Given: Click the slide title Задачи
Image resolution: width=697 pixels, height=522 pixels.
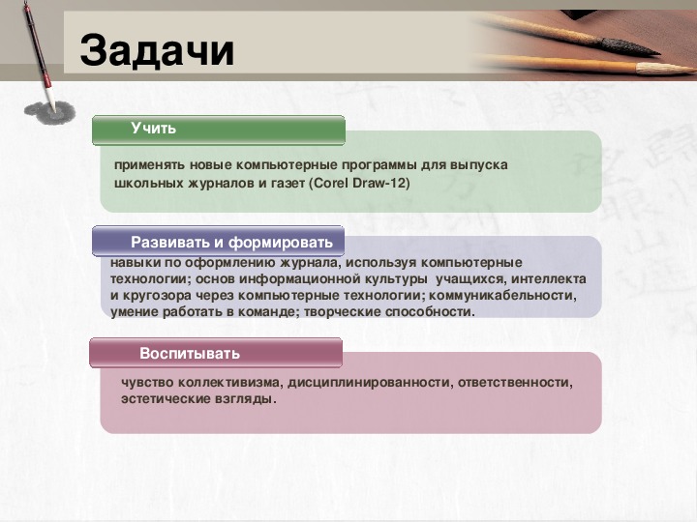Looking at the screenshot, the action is pyautogui.click(x=157, y=51).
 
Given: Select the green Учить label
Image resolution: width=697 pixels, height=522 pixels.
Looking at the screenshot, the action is pyautogui.click(x=153, y=129).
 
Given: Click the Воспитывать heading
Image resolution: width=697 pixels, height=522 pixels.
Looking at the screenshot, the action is pyautogui.click(x=190, y=354).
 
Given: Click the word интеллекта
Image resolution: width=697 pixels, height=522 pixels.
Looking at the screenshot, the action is pyautogui.click(x=549, y=278).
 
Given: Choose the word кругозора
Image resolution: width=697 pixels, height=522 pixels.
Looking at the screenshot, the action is pyautogui.click(x=154, y=296).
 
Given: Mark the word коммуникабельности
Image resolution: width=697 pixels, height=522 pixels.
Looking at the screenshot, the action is pyautogui.click(x=502, y=295).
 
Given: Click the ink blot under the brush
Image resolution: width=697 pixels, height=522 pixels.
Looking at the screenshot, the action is pyautogui.click(x=49, y=113).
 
